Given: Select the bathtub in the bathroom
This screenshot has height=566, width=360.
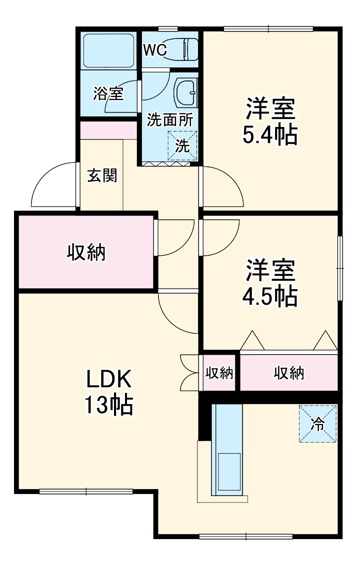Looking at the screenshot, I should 108,50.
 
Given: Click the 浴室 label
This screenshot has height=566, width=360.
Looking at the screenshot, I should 108,93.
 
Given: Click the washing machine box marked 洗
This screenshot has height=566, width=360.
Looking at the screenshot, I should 182,146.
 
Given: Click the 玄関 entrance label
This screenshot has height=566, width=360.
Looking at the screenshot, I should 102,176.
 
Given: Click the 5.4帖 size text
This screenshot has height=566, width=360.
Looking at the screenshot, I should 270,134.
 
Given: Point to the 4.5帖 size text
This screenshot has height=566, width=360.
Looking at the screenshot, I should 270,297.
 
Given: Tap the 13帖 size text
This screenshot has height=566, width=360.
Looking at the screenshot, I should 109,406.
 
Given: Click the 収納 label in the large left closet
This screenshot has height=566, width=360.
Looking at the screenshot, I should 86,252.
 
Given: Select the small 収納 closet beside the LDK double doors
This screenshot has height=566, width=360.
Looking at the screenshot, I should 219,373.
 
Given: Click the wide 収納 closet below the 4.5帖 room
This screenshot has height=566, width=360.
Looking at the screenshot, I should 288,373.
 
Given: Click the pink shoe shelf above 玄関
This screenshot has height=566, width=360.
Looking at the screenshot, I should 108,130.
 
